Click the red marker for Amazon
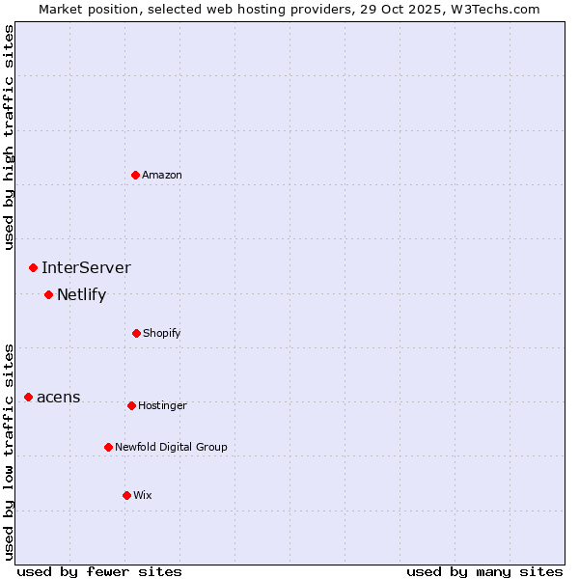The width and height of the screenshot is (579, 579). (x=136, y=175)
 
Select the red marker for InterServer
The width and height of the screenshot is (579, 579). (x=33, y=267)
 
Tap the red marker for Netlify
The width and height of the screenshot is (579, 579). (x=48, y=294)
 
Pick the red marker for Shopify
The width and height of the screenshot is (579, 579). (x=136, y=333)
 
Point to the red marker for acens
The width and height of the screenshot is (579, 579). (x=28, y=397)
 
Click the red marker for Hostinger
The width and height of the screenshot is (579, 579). (x=131, y=405)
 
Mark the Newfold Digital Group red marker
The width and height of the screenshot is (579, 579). (x=108, y=447)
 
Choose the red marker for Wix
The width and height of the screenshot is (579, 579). (x=126, y=495)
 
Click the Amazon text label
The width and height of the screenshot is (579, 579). (x=162, y=175)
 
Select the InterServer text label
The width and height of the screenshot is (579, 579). (x=86, y=267)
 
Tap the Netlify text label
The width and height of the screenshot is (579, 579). (x=81, y=294)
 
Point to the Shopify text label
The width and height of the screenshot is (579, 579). (x=162, y=333)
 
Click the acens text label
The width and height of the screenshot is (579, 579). (x=59, y=397)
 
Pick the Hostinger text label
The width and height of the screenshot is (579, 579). (x=162, y=405)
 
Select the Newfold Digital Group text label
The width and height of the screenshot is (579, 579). (x=171, y=447)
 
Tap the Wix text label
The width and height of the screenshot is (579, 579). (x=143, y=495)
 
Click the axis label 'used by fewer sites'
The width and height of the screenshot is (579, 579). (x=99, y=571)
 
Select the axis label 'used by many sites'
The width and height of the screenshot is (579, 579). (x=484, y=571)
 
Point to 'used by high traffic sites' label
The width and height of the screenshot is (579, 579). (x=9, y=137)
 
